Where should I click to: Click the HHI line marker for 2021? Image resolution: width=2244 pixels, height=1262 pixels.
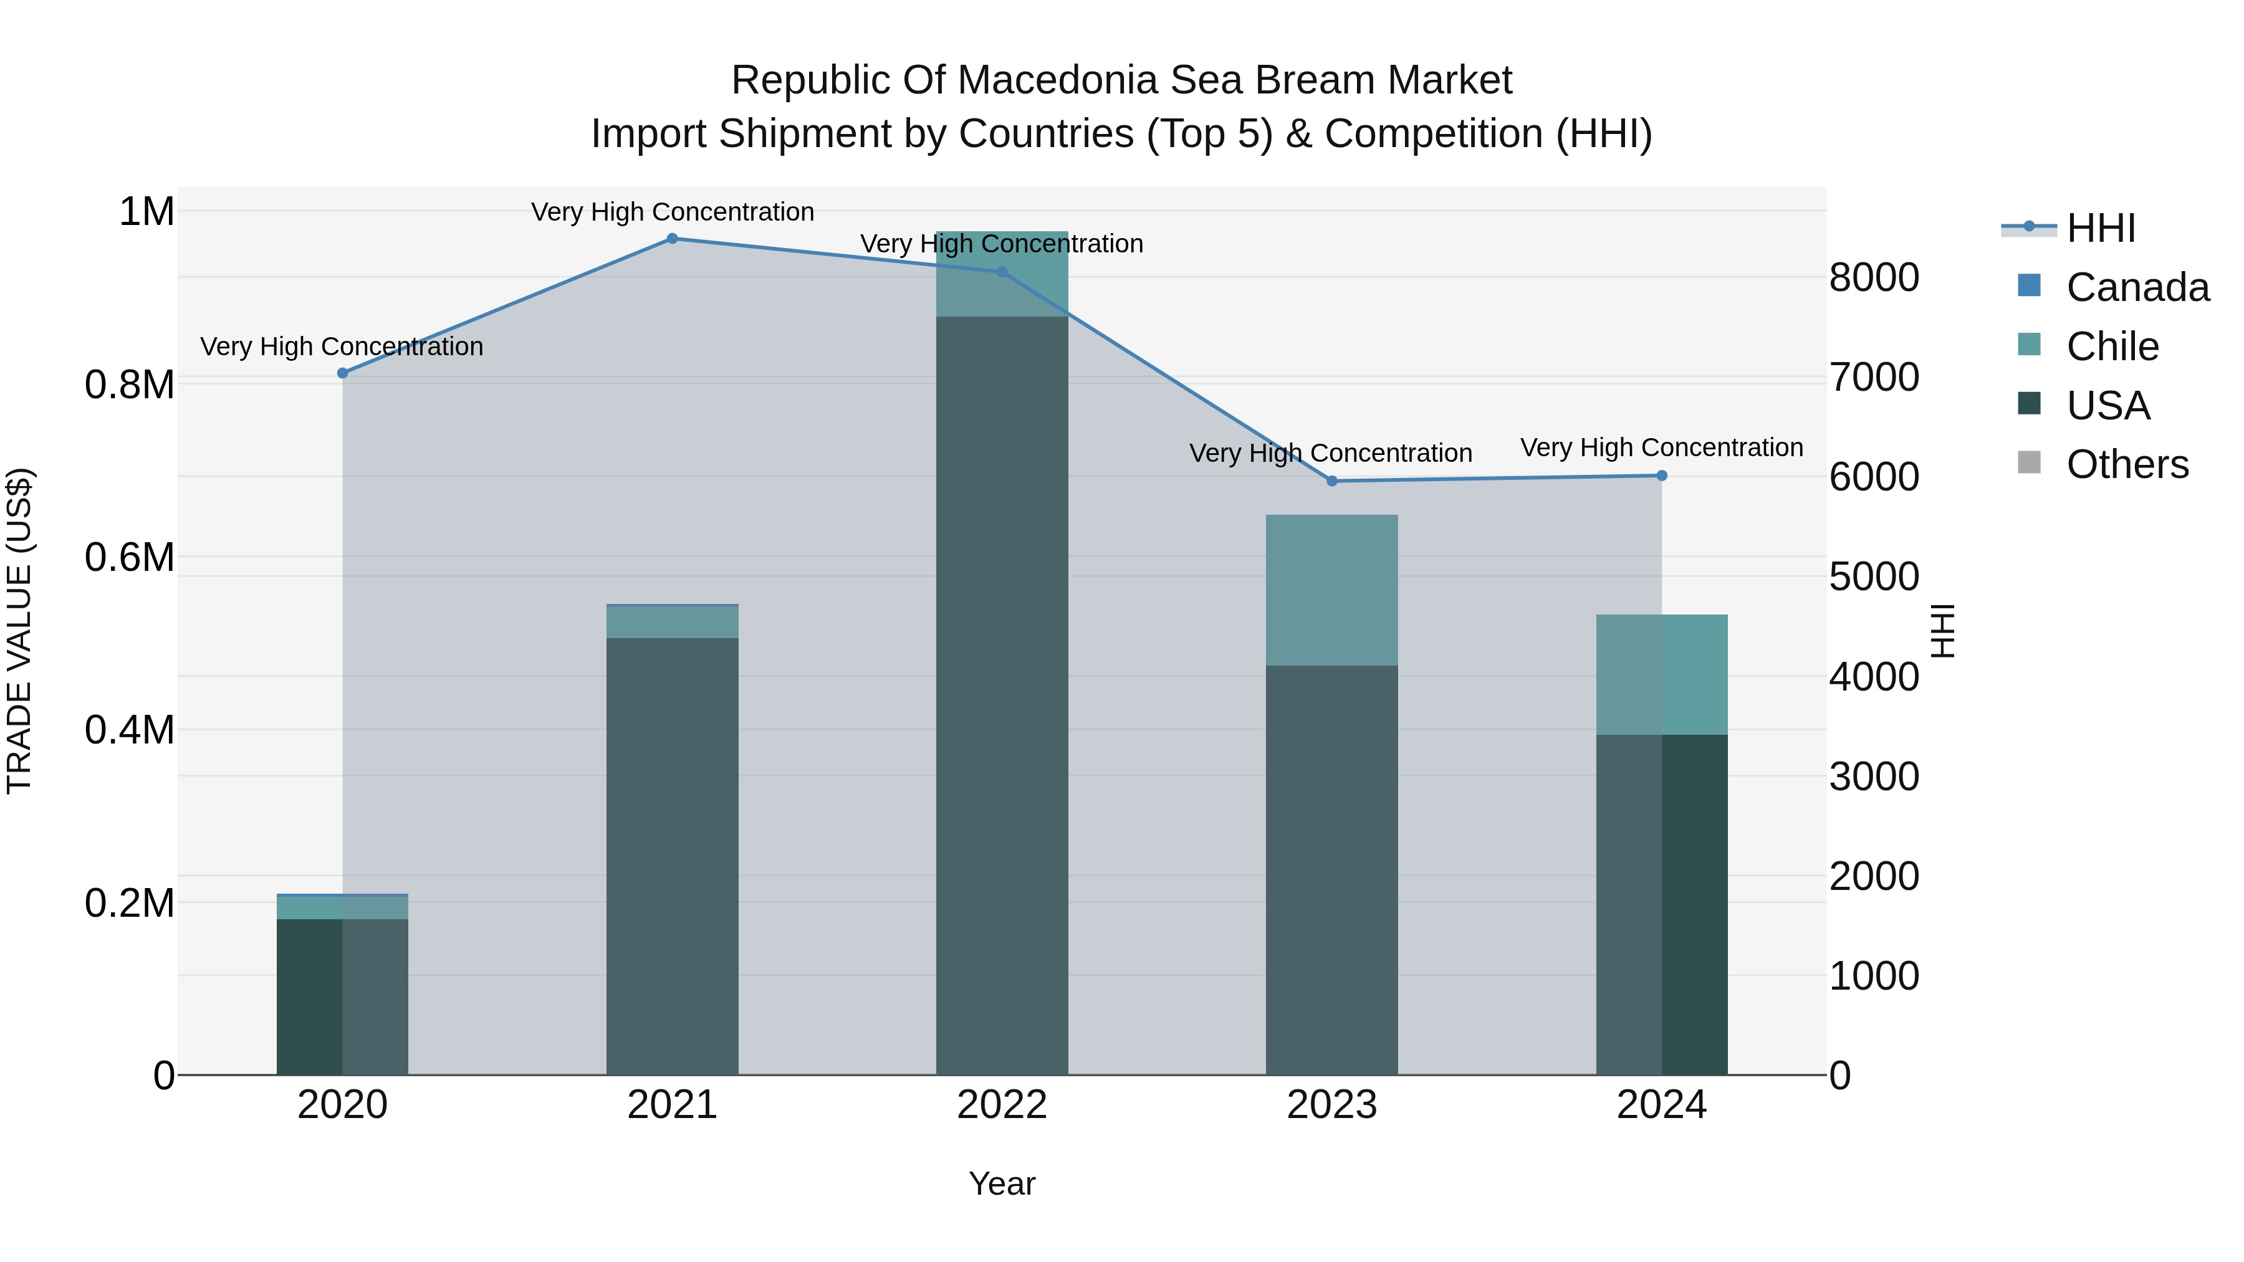(x=671, y=239)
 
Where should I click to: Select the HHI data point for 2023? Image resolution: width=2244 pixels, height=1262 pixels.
(x=1331, y=480)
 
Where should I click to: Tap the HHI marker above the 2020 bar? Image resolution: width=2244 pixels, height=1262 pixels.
(x=342, y=373)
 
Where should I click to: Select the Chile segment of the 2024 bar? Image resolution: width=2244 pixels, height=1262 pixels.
(x=1661, y=674)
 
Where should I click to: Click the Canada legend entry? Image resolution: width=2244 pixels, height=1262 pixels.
(x=2137, y=287)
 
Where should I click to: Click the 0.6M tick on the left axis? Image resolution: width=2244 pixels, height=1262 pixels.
(x=129, y=557)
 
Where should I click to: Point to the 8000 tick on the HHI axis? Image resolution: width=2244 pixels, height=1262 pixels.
(x=1874, y=278)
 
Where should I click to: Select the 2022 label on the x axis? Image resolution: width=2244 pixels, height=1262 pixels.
(x=1002, y=1105)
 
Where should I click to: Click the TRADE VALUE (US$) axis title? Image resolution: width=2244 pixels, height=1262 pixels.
(x=19, y=631)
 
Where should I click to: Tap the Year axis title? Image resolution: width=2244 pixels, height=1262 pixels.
(x=1002, y=1183)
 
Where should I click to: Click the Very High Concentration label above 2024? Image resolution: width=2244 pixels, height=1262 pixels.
(x=1661, y=447)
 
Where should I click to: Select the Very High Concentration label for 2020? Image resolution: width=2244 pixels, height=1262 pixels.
(x=342, y=347)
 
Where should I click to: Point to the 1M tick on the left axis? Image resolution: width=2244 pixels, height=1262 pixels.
(x=146, y=212)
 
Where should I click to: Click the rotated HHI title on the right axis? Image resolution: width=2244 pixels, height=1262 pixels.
(x=1942, y=631)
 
